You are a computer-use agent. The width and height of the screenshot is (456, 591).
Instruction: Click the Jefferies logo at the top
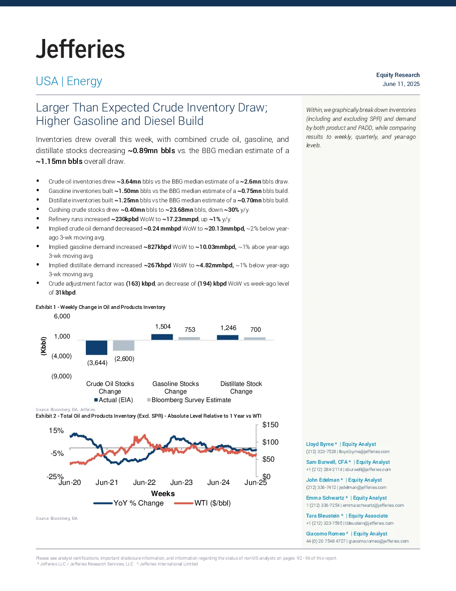(x=80, y=49)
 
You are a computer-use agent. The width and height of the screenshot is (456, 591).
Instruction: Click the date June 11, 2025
(x=401, y=84)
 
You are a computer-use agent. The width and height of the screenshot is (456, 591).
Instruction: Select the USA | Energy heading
(x=69, y=81)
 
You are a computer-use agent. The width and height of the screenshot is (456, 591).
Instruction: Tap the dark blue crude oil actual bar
(x=97, y=347)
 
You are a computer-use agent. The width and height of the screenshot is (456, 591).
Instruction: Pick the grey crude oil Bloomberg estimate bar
(x=123, y=345)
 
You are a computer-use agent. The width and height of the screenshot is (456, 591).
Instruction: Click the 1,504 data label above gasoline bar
(x=163, y=327)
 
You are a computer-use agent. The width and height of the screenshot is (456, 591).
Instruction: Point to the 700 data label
(x=256, y=330)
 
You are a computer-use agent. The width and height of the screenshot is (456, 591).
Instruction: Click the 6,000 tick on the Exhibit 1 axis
(x=62, y=316)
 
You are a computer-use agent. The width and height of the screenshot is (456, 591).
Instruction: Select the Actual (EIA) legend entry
(x=114, y=400)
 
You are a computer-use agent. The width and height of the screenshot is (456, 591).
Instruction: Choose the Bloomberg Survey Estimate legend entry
(x=189, y=400)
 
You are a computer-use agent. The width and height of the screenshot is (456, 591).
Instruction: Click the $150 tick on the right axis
(x=270, y=425)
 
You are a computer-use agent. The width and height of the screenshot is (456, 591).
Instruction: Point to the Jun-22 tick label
(x=144, y=483)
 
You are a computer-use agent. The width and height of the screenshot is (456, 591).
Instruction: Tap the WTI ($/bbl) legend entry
(x=203, y=503)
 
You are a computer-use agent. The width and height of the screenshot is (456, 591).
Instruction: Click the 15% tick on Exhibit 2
(x=56, y=431)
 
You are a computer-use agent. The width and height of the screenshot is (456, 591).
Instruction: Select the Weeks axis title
(x=163, y=493)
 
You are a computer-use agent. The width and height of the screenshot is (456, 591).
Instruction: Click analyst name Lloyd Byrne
(x=320, y=444)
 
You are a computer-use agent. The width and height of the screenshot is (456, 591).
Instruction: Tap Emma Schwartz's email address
(x=373, y=505)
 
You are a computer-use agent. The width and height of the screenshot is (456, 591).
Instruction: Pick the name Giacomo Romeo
(x=325, y=534)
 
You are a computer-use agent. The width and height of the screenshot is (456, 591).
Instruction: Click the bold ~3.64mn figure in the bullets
(x=129, y=181)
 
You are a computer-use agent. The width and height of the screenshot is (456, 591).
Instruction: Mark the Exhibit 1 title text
(x=101, y=307)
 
